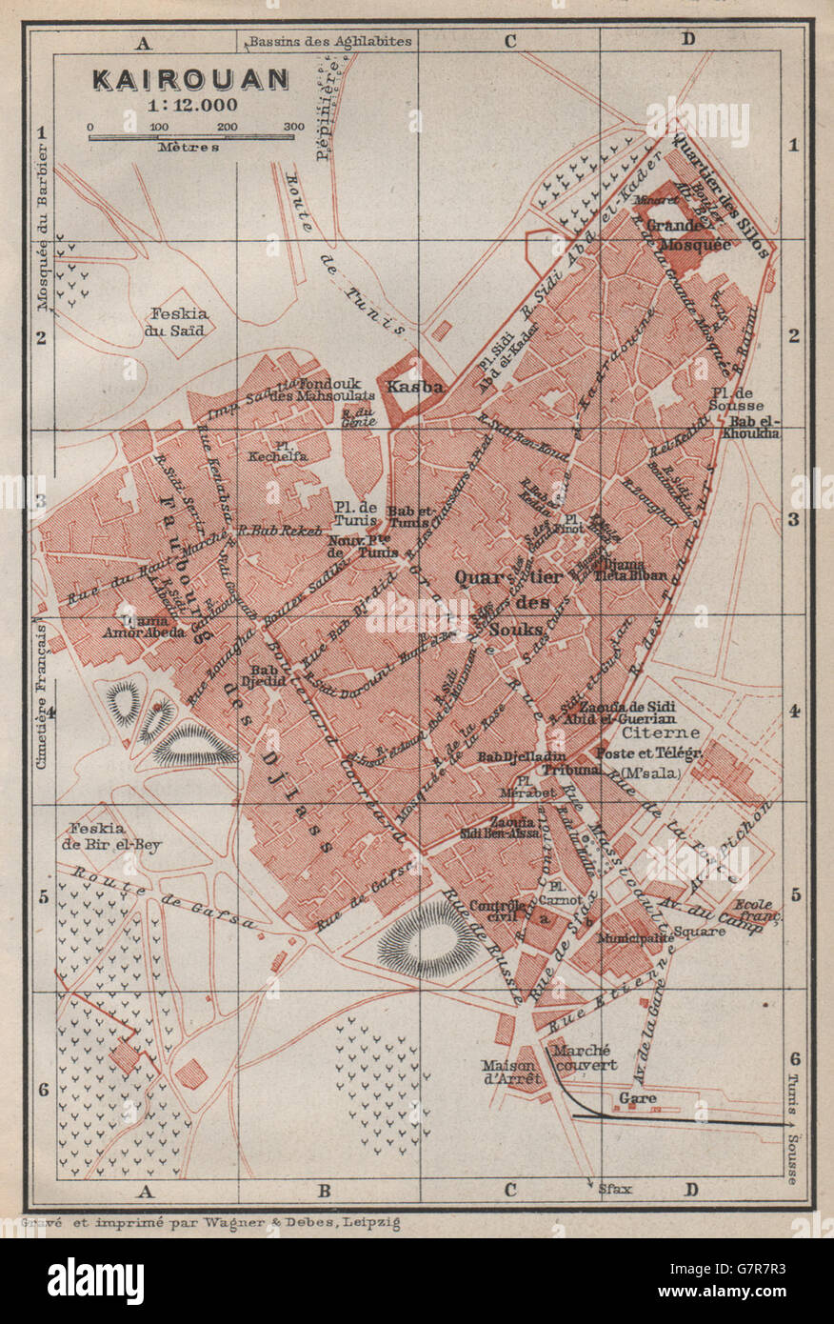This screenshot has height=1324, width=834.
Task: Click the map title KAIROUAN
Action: pyautogui.click(x=190, y=79)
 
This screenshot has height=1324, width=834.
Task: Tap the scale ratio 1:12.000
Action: pyautogui.click(x=190, y=105)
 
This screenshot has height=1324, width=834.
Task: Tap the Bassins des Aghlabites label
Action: pyautogui.click(x=329, y=41)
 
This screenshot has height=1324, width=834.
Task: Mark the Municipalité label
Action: pyautogui.click(x=636, y=938)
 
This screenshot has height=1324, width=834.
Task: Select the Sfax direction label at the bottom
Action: pyautogui.click(x=614, y=1189)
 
